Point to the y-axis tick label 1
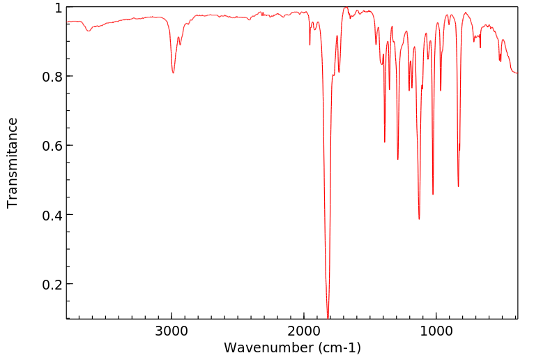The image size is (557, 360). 59,8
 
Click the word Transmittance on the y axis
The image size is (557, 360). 13,163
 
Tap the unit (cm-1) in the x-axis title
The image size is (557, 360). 339,347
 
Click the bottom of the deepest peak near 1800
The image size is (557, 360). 328,316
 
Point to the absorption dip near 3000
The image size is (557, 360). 173,73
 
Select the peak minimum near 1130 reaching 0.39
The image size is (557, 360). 419,218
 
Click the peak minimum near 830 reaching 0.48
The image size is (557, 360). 458,186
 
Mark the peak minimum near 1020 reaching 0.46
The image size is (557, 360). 433,194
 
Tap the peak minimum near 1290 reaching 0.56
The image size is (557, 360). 397,159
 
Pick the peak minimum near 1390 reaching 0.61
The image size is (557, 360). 384,142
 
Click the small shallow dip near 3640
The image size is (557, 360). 88,31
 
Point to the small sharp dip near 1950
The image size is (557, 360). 310,45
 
